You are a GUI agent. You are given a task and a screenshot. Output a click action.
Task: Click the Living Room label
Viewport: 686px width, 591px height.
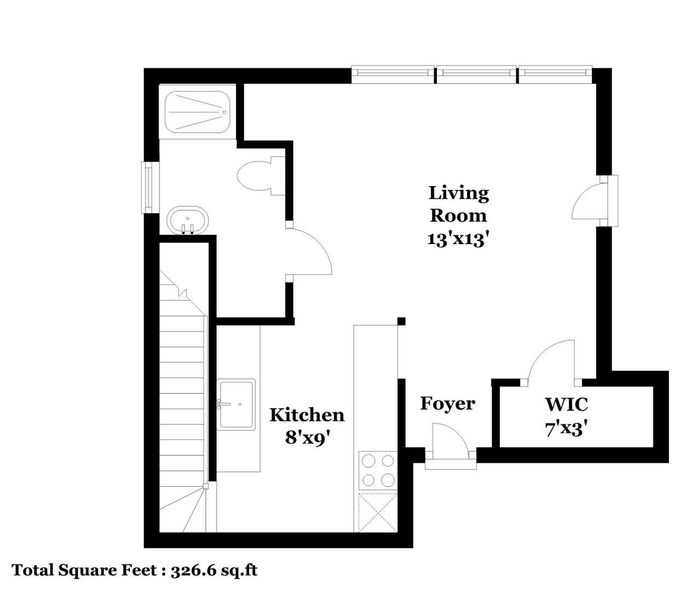pos(459,204)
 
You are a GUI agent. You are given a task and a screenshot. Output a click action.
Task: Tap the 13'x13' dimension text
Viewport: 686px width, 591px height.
pos(458,239)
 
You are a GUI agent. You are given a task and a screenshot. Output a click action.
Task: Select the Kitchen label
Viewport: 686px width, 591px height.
pos(307,415)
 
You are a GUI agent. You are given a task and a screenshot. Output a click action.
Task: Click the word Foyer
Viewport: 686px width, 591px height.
pos(448,404)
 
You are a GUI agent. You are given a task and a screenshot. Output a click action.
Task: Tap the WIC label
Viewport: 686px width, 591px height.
pos(566,404)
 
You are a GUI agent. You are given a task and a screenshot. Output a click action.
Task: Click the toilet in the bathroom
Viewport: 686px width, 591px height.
pos(261,176)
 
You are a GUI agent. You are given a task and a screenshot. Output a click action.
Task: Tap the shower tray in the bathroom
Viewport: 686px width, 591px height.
pos(198,112)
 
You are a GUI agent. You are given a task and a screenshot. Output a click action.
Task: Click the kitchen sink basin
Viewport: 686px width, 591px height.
pos(236,404)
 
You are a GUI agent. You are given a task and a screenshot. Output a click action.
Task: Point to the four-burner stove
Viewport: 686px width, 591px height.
pos(378,470)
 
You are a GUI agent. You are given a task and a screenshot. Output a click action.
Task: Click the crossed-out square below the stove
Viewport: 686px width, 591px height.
pos(378,513)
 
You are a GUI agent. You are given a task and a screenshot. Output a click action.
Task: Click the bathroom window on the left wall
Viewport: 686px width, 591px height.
pos(147,187)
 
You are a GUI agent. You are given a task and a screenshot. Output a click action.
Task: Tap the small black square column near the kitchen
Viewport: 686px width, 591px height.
pos(401,321)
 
